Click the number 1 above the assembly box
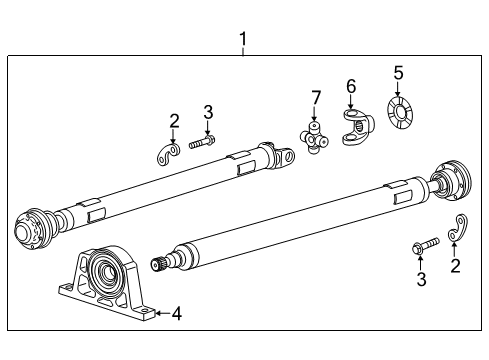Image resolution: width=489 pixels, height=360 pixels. [243, 40]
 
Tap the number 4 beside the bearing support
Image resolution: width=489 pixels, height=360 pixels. [176, 314]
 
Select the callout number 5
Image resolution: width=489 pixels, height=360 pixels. [398, 72]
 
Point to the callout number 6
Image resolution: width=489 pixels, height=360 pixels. [351, 87]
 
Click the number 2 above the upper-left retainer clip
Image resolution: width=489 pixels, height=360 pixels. [174, 121]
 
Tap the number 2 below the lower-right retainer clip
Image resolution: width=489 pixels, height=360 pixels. [456, 266]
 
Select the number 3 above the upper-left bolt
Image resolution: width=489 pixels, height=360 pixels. [208, 111]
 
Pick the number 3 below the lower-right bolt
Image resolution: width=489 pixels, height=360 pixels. [421, 280]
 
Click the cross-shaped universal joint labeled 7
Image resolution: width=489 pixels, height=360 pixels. [317, 137]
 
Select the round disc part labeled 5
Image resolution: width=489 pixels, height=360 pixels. [398, 114]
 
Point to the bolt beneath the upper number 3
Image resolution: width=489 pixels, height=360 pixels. [204, 142]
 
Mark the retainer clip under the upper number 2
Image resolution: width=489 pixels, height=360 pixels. [169, 151]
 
